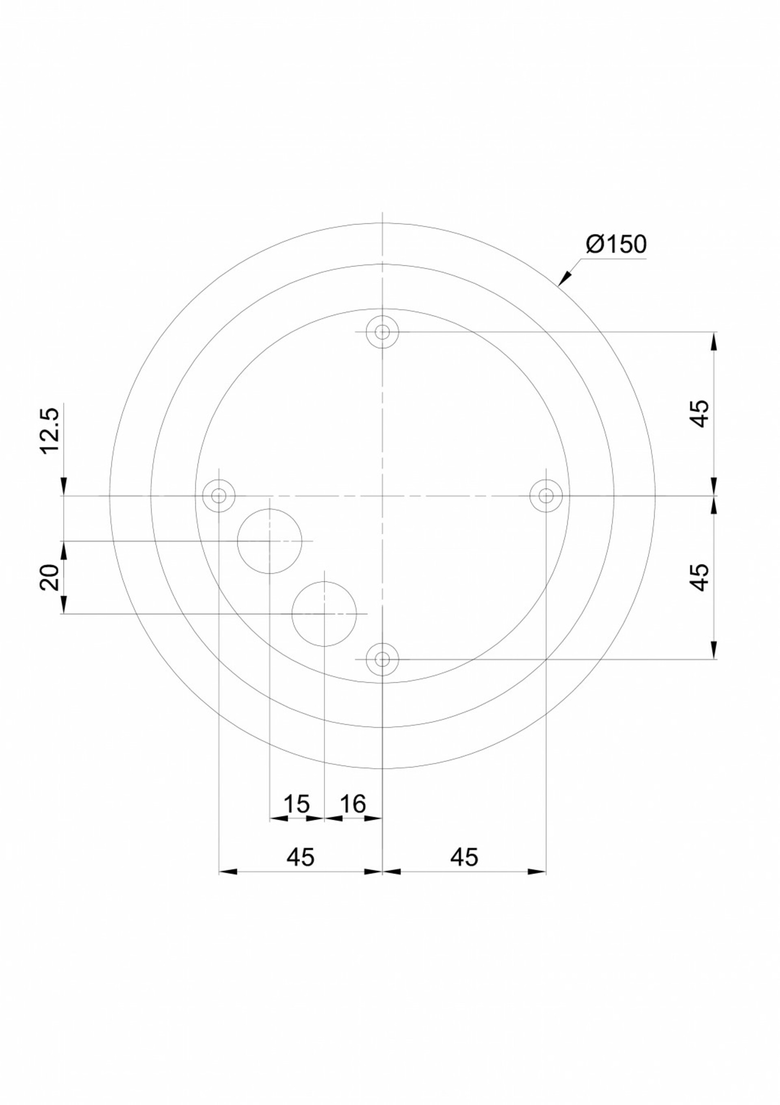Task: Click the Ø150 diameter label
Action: (x=616, y=245)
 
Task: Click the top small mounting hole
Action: (x=382, y=332)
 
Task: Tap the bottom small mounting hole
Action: (x=382, y=659)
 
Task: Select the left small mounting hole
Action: (x=219, y=495)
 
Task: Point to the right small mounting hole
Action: (x=546, y=495)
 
